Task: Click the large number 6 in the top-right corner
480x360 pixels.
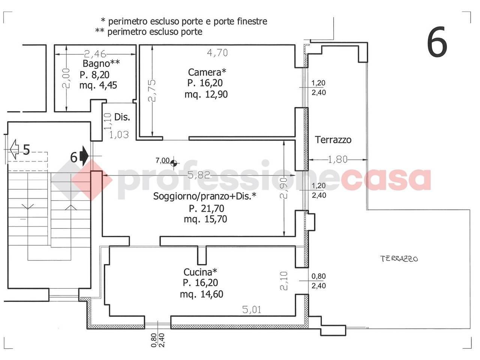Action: (x=437, y=42)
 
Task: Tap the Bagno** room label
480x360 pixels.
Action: (x=101, y=63)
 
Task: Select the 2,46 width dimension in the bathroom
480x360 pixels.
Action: (x=95, y=54)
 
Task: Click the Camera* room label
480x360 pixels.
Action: (x=207, y=72)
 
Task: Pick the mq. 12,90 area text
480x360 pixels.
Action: (x=206, y=94)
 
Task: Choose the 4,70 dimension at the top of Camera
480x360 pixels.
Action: (x=217, y=53)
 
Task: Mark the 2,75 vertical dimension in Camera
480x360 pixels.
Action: (x=152, y=90)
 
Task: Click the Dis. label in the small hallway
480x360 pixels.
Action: (x=122, y=117)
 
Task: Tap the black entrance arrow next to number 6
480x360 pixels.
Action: (x=84, y=156)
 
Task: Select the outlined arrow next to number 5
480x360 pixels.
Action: (x=14, y=149)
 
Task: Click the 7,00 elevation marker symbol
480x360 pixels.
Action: (x=174, y=163)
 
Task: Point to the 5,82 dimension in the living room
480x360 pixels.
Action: (x=199, y=175)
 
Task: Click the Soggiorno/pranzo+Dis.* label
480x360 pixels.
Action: (x=204, y=196)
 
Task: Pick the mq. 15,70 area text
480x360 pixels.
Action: (x=205, y=219)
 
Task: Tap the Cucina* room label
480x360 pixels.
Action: (x=200, y=272)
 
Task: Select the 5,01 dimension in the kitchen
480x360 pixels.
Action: (x=252, y=310)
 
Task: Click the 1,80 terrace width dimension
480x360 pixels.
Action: (x=337, y=160)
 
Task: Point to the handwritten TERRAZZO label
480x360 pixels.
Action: (x=399, y=259)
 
